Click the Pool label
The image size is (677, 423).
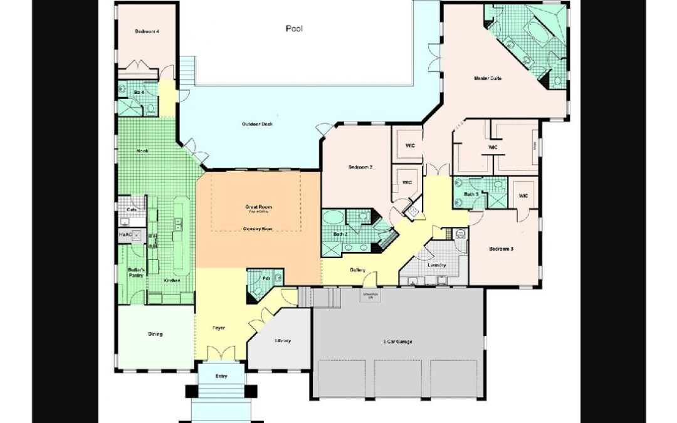pos(294,28)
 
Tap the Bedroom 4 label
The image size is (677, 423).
pos(146,31)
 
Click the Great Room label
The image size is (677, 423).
pos(258,207)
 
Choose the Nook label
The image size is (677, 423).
pos(143,151)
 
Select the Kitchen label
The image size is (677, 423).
pos(172,280)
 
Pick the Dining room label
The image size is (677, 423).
pos(155,334)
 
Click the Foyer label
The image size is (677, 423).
pos(218,328)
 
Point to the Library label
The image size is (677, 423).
pos(283,341)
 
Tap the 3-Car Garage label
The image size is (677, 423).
pos(397,342)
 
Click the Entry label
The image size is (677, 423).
pos(221,376)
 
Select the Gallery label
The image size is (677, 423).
pos(357,270)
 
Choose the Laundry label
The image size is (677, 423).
pos(436,265)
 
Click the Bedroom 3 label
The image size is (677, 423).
pos(501,249)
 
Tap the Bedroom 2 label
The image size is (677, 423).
pos(360,167)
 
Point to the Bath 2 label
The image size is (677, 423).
pos(340,234)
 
